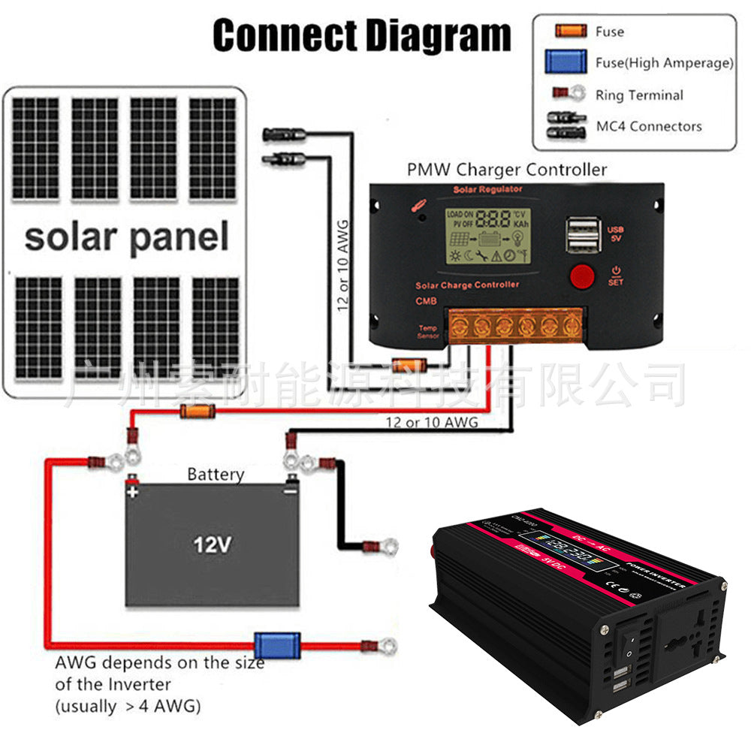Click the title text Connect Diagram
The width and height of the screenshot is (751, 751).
tap(361, 35)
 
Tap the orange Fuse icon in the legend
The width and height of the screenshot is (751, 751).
tap(570, 32)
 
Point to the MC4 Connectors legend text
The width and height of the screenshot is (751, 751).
tap(649, 126)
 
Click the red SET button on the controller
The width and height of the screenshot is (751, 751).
tap(581, 276)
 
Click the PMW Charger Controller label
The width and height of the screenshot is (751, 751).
tap(506, 169)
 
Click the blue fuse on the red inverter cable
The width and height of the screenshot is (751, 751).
tap(268, 644)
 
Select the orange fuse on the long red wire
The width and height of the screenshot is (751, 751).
tap(198, 410)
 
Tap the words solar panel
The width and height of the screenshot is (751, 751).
tap(126, 237)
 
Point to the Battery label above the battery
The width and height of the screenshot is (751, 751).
tap(216, 475)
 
